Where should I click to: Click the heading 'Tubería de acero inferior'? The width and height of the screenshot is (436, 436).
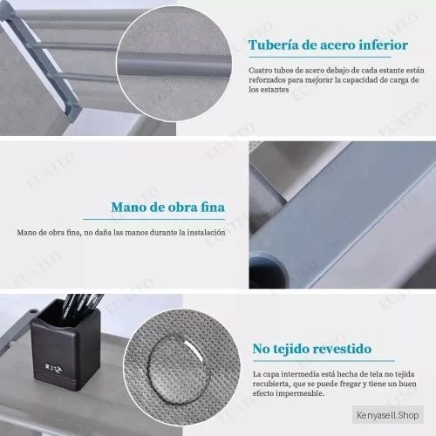point(328,45)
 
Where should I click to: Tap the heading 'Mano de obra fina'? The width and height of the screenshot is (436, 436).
point(168,207)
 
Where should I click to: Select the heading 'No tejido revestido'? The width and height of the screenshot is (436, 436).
point(312,349)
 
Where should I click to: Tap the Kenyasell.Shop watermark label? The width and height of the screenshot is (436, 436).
point(388,415)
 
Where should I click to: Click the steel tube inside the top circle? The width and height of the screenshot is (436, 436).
point(174,62)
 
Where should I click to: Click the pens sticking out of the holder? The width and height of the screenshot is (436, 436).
point(85,303)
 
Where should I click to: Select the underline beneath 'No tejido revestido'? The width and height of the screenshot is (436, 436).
point(324,361)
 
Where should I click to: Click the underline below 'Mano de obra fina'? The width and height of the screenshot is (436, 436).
point(153,219)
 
